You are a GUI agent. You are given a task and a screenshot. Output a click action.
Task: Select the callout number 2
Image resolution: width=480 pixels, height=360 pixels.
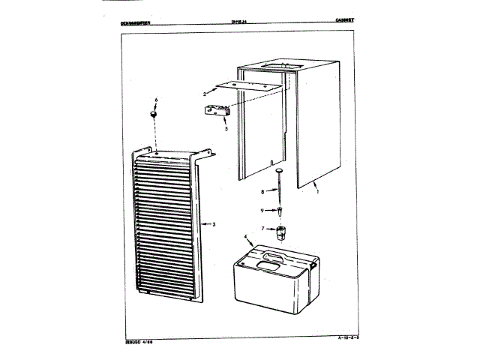tap(204, 94)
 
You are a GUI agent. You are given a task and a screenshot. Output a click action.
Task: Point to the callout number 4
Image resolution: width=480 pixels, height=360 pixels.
tap(246, 238)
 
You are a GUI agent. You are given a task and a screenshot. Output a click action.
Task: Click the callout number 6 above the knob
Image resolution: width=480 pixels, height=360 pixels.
tap(156, 100)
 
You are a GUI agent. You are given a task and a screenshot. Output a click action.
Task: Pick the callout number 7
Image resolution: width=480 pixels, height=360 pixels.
tap(263, 228)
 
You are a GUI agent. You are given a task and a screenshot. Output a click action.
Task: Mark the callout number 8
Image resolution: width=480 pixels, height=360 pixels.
tap(263, 192)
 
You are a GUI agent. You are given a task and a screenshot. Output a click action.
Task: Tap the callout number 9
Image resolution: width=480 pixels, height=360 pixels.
tap(263, 210)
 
